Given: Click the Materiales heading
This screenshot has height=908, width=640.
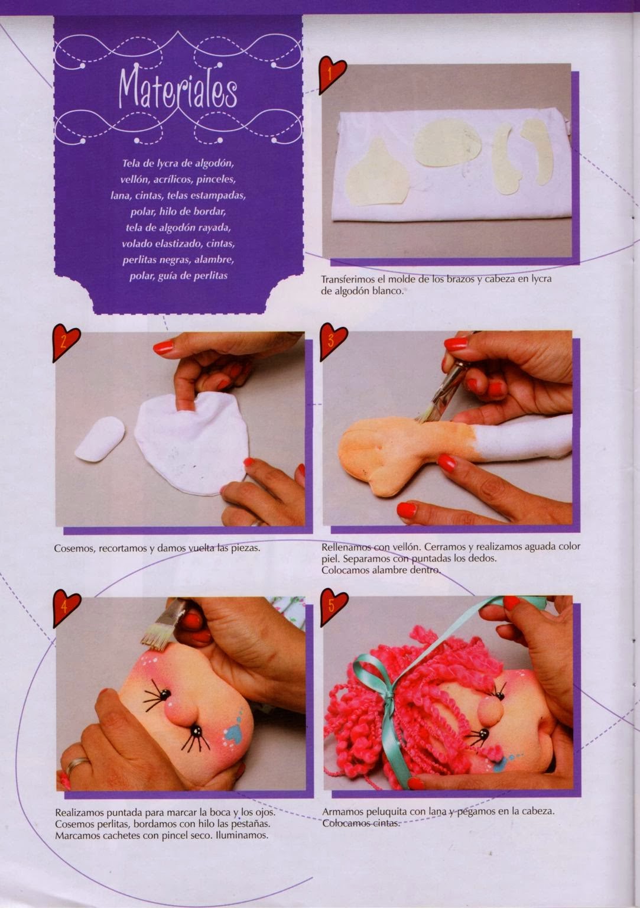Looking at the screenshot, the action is pyautogui.click(x=178, y=90).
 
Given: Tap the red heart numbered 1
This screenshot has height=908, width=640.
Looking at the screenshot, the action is pyautogui.click(x=332, y=74).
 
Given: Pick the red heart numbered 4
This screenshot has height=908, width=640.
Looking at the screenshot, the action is pyautogui.click(x=66, y=608).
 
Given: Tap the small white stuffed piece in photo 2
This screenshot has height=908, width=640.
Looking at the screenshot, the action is pyautogui.click(x=100, y=439).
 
